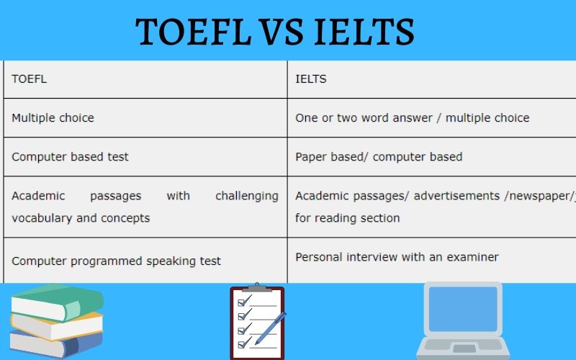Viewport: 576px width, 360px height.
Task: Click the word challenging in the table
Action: (246, 196)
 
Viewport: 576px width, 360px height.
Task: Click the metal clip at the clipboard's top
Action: (257, 286)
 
